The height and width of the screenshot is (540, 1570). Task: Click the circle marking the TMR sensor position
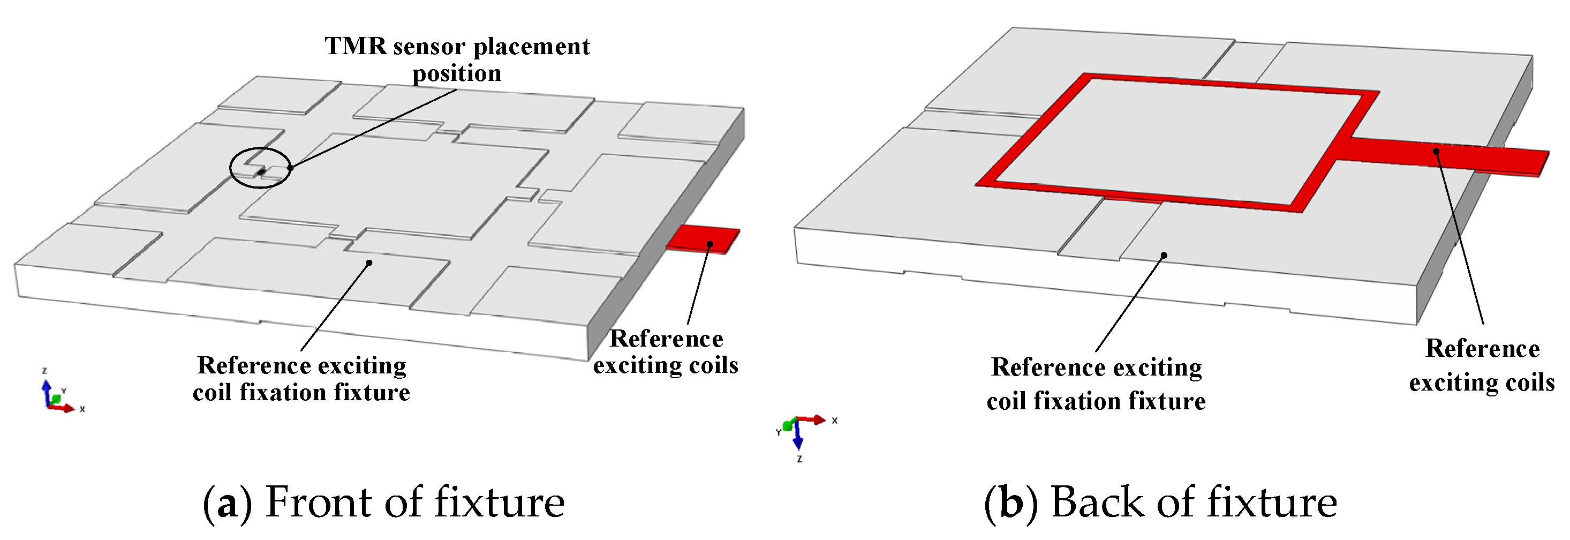coord(260,168)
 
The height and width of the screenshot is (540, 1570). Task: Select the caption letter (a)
coord(228,504)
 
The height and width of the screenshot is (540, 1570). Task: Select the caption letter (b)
coord(1011,504)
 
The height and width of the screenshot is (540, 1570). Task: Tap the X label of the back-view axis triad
coord(834,421)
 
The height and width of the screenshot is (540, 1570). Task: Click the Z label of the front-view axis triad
coord(44,371)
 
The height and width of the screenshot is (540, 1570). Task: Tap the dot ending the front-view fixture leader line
coord(369,262)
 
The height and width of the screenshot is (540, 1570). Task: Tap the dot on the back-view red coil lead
coord(1436,151)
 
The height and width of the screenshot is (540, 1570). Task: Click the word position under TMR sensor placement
coord(457,74)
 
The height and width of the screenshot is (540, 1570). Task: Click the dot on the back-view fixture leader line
coord(1164,256)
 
